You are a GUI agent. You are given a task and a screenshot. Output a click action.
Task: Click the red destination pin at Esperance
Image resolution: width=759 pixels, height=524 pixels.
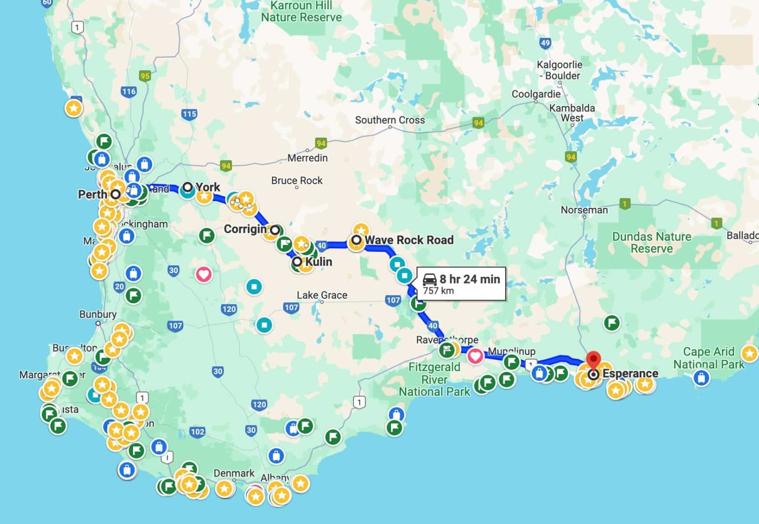pyautogui.click(x=593, y=360)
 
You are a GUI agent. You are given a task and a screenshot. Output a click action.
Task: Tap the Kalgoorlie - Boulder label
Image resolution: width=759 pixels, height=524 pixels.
pyautogui.click(x=559, y=70)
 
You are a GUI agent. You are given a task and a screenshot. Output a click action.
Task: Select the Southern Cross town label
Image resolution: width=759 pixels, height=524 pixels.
pyautogui.click(x=390, y=120)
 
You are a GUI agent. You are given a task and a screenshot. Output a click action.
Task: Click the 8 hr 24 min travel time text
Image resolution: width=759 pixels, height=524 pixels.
pyautogui.click(x=469, y=279)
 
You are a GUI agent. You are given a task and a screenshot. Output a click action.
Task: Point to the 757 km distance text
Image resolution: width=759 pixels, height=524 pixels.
pyautogui.click(x=438, y=291)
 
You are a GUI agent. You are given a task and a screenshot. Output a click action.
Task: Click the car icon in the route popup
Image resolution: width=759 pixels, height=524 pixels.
pyautogui.click(x=429, y=280)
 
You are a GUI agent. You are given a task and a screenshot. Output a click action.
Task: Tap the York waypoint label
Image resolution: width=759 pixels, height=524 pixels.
pyautogui.click(x=208, y=187)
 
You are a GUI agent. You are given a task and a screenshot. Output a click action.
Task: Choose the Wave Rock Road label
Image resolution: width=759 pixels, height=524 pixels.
pyautogui.click(x=409, y=240)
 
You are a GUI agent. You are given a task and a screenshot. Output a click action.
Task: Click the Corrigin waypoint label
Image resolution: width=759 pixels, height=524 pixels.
pyautogui.click(x=245, y=229)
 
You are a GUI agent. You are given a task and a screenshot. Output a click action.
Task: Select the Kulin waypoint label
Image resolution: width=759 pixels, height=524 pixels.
pyautogui.click(x=318, y=262)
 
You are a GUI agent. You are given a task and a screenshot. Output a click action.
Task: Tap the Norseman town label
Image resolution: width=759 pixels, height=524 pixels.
pyautogui.click(x=584, y=210)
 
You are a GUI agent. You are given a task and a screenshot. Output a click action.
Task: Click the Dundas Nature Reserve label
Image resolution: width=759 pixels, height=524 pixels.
pyautogui.click(x=651, y=242)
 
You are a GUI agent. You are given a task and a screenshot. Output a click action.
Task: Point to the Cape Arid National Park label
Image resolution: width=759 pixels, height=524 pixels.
pyautogui.click(x=709, y=358)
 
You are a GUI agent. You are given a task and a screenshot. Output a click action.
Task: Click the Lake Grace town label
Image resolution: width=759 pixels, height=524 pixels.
pyautogui.click(x=322, y=295)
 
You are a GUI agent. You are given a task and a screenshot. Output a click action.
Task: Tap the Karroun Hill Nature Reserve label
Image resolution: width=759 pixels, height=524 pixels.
pyautogui.click(x=301, y=11)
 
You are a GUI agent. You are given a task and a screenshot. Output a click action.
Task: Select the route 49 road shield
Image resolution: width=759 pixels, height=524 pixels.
pyautogui.click(x=545, y=43)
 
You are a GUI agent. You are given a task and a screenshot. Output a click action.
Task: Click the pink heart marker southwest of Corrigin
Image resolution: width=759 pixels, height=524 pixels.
pyautogui.click(x=204, y=274)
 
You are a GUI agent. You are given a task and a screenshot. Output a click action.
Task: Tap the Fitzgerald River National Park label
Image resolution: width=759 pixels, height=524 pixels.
pyautogui.click(x=434, y=379)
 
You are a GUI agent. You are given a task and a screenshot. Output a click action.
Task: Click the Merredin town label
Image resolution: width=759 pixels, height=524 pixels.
pyautogui.click(x=307, y=158)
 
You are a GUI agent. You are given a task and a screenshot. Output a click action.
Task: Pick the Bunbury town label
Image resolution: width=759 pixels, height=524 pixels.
pyautogui.click(x=98, y=315)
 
